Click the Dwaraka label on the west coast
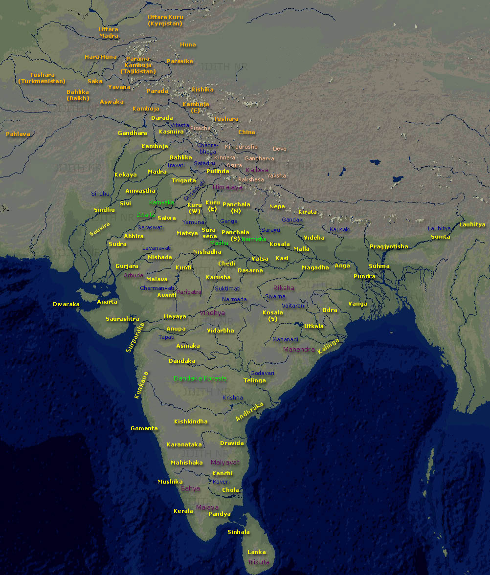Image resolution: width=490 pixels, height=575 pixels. pos(66,304)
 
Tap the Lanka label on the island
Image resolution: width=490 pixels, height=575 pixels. pos(257,553)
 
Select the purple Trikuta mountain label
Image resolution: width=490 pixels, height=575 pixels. pos(258,562)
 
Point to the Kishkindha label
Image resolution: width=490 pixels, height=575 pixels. pos(191,421)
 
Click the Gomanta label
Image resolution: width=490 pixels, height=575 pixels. pos(144,429)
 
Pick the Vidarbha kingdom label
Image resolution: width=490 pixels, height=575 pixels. pos(220,331)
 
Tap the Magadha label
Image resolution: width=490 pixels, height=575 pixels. pos(315,267)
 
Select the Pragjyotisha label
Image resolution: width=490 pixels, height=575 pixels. pos(389,246)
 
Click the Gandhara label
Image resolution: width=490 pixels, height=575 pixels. pos(133,133)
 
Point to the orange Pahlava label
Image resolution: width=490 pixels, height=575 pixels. pos(18,134)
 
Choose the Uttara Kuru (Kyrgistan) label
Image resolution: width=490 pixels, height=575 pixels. pos(165,21)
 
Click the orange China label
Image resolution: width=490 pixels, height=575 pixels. pos(246,132)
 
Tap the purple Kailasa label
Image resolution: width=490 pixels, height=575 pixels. pos(257,170)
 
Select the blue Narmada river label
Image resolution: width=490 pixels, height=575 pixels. pos(235,299)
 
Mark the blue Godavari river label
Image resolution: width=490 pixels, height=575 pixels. pos(263,373)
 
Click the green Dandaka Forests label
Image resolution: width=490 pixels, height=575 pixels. pos(200,378)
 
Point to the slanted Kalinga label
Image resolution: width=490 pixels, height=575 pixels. pos(328,346)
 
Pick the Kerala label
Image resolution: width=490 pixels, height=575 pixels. pos(183,511)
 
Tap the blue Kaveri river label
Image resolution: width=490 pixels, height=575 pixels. pos(221,482)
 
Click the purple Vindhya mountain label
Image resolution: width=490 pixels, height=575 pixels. pos(212,313)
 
